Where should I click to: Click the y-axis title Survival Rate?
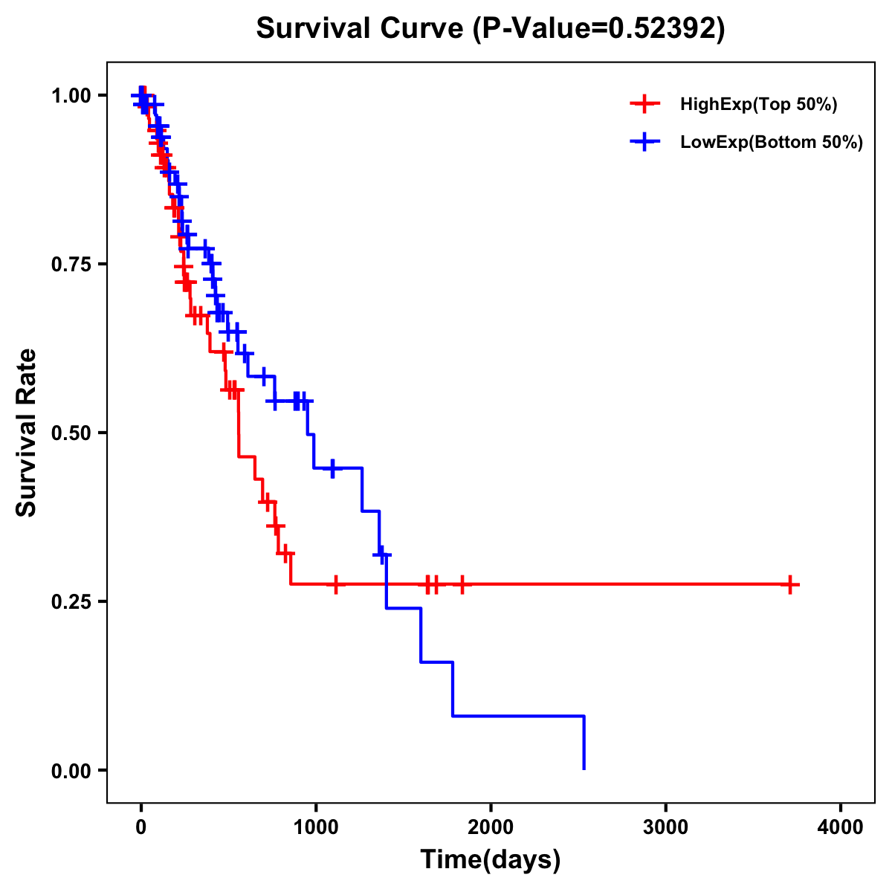pos(27,432)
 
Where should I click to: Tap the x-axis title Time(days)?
pos(491,860)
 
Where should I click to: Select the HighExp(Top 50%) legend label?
pos(758,105)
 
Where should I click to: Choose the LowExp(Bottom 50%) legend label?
pos(772,142)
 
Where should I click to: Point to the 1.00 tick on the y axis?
pos(72,96)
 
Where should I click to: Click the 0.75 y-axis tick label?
pos(72,265)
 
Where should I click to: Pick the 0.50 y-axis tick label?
pos(72,433)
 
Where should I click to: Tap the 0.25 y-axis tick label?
pos(72,601)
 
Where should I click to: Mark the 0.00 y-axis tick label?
pos(72,770)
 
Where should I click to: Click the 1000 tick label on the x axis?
pos(315,827)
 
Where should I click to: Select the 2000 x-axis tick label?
pos(491,827)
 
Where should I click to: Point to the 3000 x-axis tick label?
pos(665,827)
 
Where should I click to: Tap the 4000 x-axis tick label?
pos(841,827)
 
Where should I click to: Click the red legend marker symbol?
pos(644,105)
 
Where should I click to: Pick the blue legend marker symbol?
pos(644,142)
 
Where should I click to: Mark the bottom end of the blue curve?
pos(584,768)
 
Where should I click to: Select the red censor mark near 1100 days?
pos(336,584)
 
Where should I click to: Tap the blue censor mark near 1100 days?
pos(332,468)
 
